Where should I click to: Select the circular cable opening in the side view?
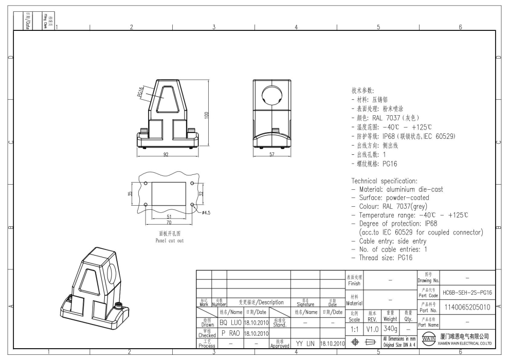[x=271, y=94]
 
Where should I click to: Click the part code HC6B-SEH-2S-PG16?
[x=467, y=292]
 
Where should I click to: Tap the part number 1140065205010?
[x=467, y=307]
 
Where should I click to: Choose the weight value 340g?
[x=389, y=328]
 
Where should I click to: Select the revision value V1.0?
[x=373, y=328]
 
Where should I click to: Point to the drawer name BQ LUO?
[x=230, y=322]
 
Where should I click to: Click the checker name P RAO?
[x=230, y=333]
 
